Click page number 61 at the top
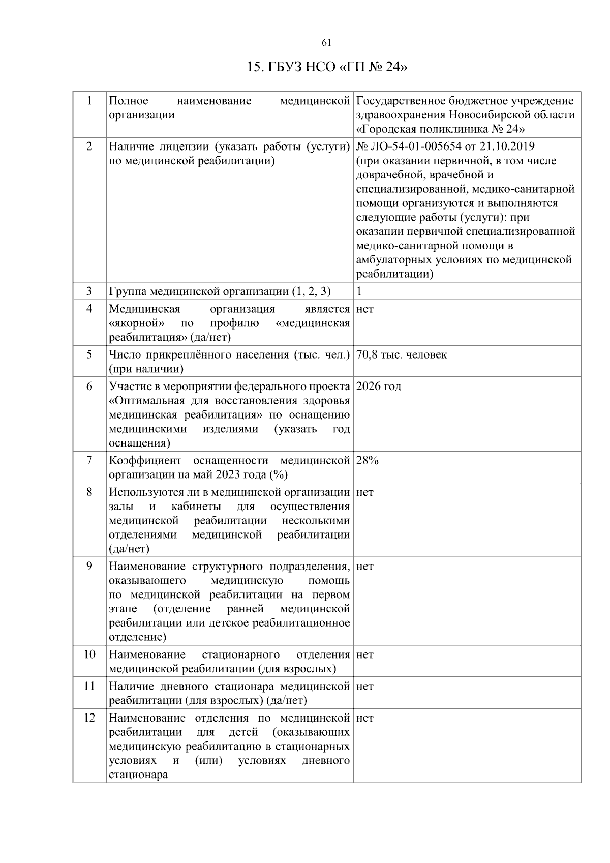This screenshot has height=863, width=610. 327,42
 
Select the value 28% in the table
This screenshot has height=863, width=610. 368,461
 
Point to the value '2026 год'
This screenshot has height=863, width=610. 379,386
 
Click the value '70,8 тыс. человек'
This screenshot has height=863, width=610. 402,355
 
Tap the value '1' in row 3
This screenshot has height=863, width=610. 359,291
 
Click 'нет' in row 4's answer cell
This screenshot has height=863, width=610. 365,309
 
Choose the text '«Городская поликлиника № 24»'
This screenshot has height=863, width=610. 441,129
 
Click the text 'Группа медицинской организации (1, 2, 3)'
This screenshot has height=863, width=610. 220,291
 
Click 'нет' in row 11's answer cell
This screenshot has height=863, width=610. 365,687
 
